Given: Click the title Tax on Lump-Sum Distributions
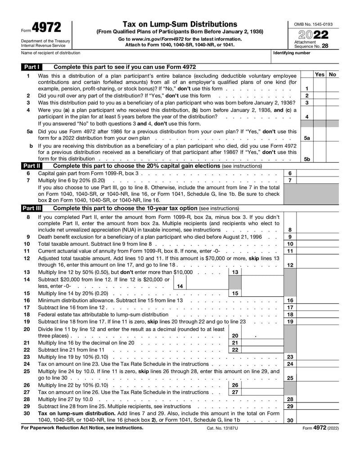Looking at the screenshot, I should coord(180,24).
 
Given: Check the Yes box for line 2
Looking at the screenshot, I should coord(319,95).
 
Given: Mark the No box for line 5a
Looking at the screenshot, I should coord(332,135).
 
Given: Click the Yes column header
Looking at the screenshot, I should coord(319,74).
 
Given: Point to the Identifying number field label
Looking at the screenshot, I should coord(292,53).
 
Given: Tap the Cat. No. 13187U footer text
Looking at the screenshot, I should coord(222,428).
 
